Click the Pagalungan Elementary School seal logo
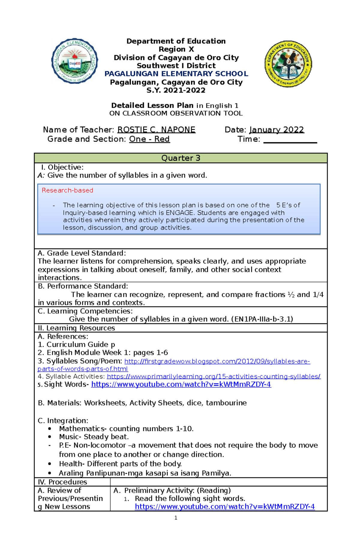pyautogui.click(x=74, y=61)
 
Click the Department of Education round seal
pyautogui.click(x=288, y=64)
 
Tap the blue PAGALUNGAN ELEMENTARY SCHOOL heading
pyautogui.click(x=176, y=74)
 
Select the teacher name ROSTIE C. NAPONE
pyautogui.click(x=156, y=130)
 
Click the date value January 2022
pyautogui.click(x=276, y=130)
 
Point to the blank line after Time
pyautogui.click(x=290, y=140)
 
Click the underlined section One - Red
pyautogui.click(x=149, y=139)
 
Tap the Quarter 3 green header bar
pyautogui.click(x=181, y=158)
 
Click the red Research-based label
pyautogui.click(x=67, y=190)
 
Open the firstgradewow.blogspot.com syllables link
pyautogui.click(x=217, y=361)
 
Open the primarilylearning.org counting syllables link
pyautogui.click(x=213, y=376)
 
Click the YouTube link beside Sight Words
pyautogui.click(x=181, y=384)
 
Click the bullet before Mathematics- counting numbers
pyautogui.click(x=49, y=429)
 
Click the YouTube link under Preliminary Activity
pyautogui.click(x=224, y=507)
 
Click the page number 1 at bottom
pyautogui.click(x=176, y=518)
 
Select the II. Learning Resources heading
pyautogui.click(x=76, y=328)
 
